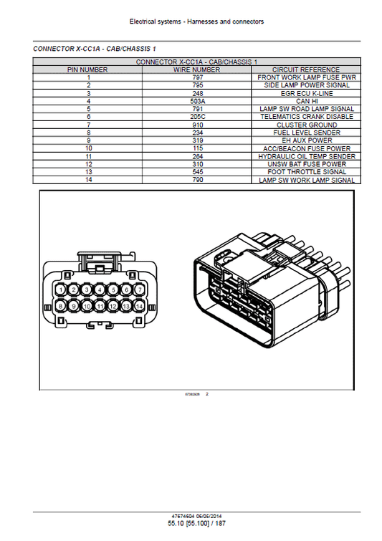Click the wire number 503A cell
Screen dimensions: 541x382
(x=197, y=101)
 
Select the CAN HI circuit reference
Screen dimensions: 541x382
(x=306, y=101)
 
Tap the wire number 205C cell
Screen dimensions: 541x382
(x=197, y=117)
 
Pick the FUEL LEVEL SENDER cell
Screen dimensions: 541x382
(x=306, y=133)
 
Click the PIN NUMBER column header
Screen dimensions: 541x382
(x=88, y=70)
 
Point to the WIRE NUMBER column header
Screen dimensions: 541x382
(x=197, y=70)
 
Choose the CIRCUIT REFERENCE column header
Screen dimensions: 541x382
(x=306, y=70)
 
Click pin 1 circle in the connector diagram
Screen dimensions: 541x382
(x=62, y=289)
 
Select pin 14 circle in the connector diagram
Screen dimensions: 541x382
(x=138, y=306)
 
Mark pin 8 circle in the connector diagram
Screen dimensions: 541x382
(x=62, y=306)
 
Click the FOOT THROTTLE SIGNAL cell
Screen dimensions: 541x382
(x=306, y=172)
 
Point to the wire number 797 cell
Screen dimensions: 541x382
(x=197, y=77)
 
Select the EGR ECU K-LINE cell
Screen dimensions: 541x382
(x=306, y=93)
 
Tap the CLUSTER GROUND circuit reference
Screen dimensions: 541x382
(x=306, y=125)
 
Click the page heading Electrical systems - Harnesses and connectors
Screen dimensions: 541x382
(x=196, y=22)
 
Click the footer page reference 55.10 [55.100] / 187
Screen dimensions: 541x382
(x=196, y=524)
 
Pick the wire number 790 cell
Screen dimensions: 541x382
(x=197, y=180)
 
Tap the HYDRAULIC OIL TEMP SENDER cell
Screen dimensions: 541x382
(x=306, y=156)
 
